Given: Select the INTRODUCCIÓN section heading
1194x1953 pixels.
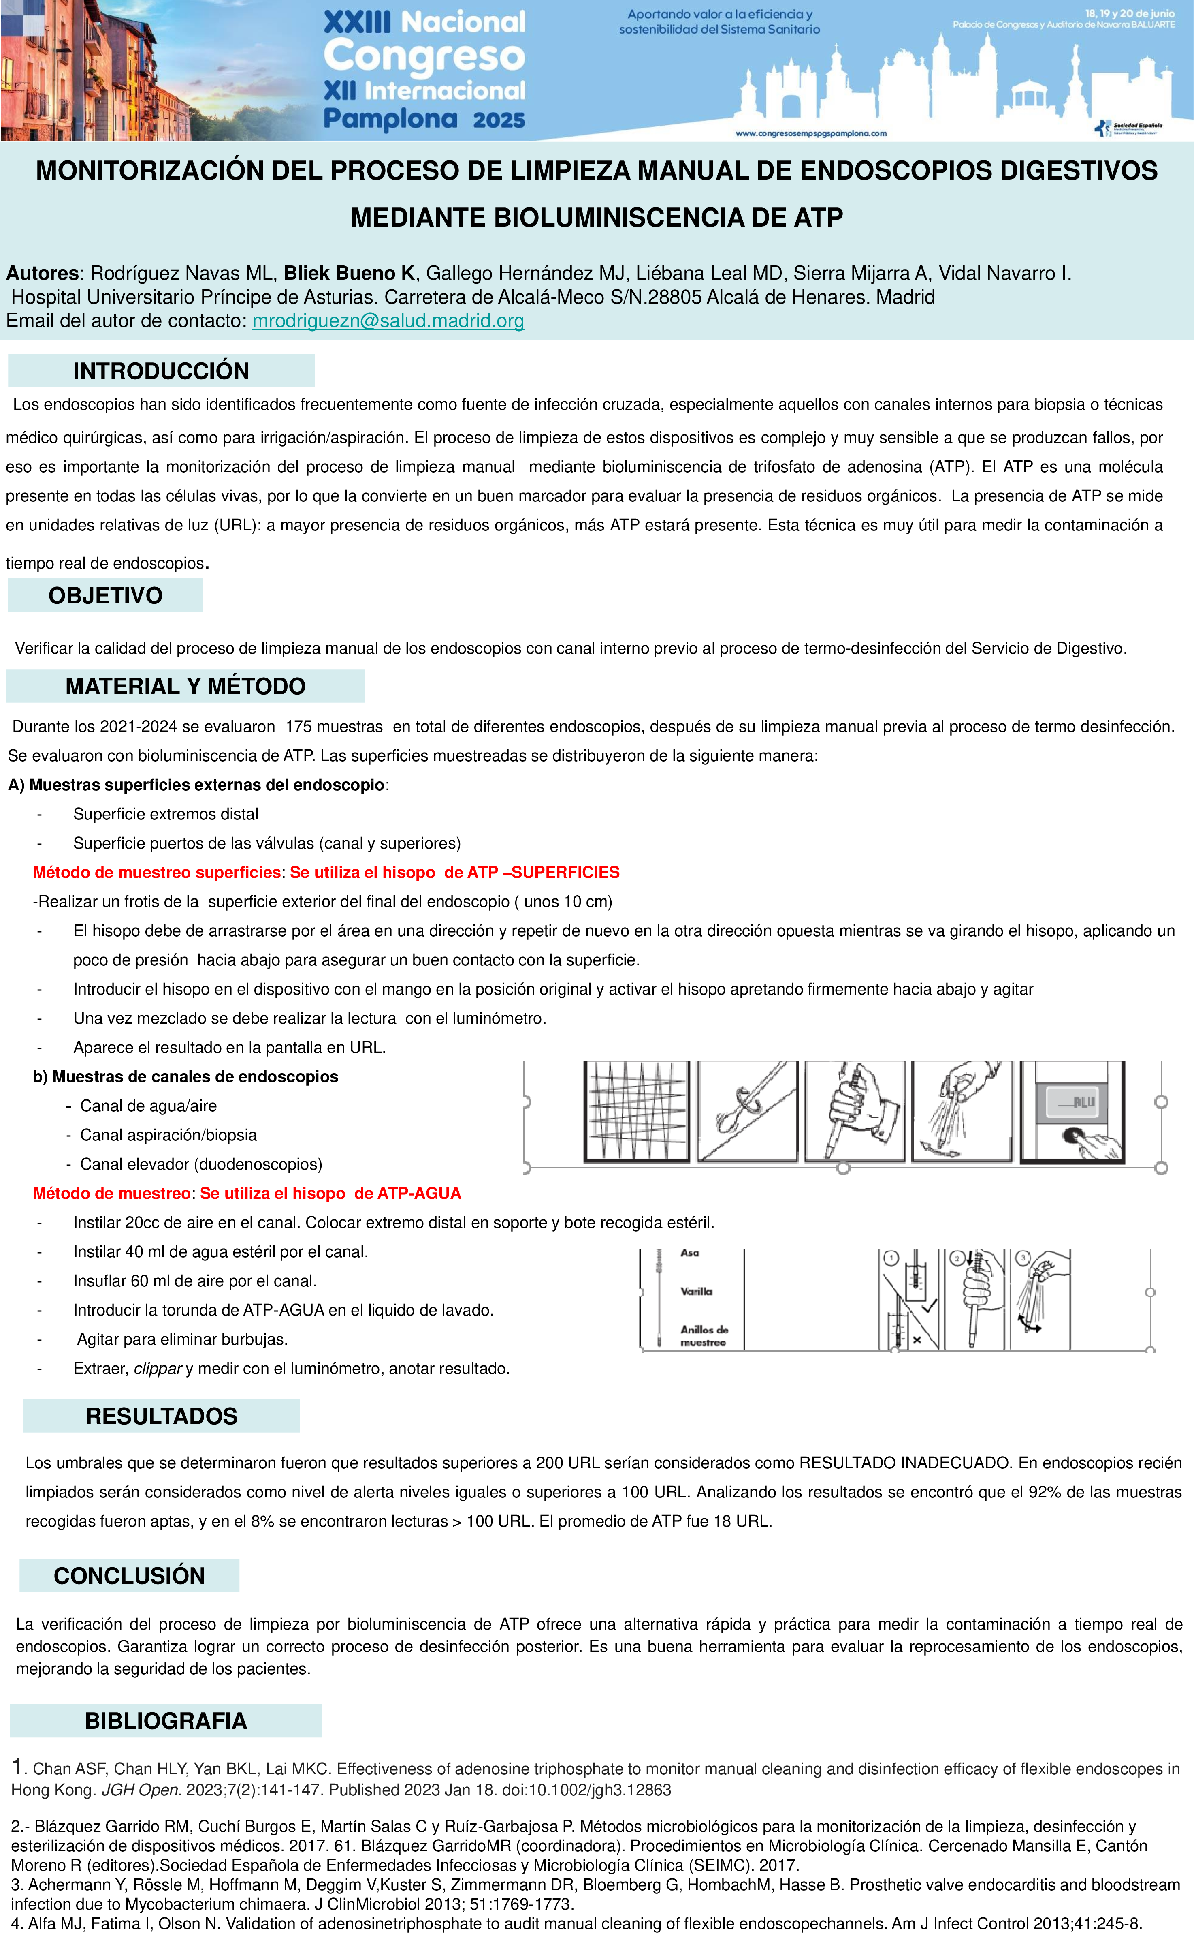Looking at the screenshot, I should [x=161, y=371].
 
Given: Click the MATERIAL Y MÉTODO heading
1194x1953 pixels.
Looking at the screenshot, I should [x=185, y=687].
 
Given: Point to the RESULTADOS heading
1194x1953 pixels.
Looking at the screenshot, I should [x=162, y=1416].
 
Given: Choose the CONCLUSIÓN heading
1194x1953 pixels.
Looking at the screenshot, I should [x=129, y=1576].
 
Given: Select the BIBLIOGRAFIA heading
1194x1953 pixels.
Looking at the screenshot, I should [x=166, y=1721].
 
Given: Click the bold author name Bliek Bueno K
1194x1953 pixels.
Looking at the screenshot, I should [x=349, y=274].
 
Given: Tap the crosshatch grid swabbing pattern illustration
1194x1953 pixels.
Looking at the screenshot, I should [x=636, y=1111].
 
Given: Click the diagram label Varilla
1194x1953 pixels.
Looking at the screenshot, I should [x=696, y=1291].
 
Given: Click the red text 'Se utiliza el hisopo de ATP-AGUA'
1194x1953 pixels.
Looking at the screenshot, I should [x=330, y=1194].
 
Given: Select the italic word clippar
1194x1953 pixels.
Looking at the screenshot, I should [x=158, y=1369].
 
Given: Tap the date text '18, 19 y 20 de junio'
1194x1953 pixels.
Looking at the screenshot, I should [x=1129, y=13].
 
